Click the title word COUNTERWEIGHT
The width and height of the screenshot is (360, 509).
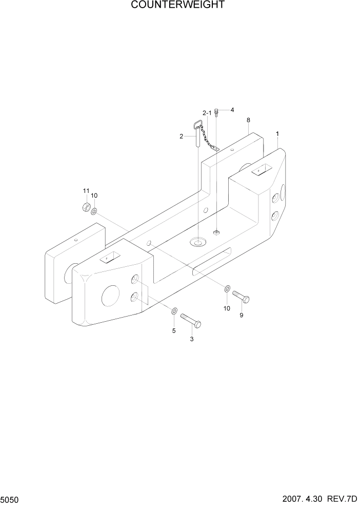(x=177, y=6)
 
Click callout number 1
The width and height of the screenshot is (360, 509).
(x=277, y=134)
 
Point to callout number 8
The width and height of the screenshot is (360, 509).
(x=248, y=120)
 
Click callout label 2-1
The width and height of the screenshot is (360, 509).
(x=207, y=112)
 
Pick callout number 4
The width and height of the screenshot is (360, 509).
(x=232, y=110)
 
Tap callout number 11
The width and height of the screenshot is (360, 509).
(x=86, y=191)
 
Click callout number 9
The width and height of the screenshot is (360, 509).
(x=242, y=315)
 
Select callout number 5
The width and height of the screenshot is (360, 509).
(x=173, y=331)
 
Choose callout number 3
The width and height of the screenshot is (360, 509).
(x=192, y=339)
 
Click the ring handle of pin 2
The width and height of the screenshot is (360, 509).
(x=197, y=124)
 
